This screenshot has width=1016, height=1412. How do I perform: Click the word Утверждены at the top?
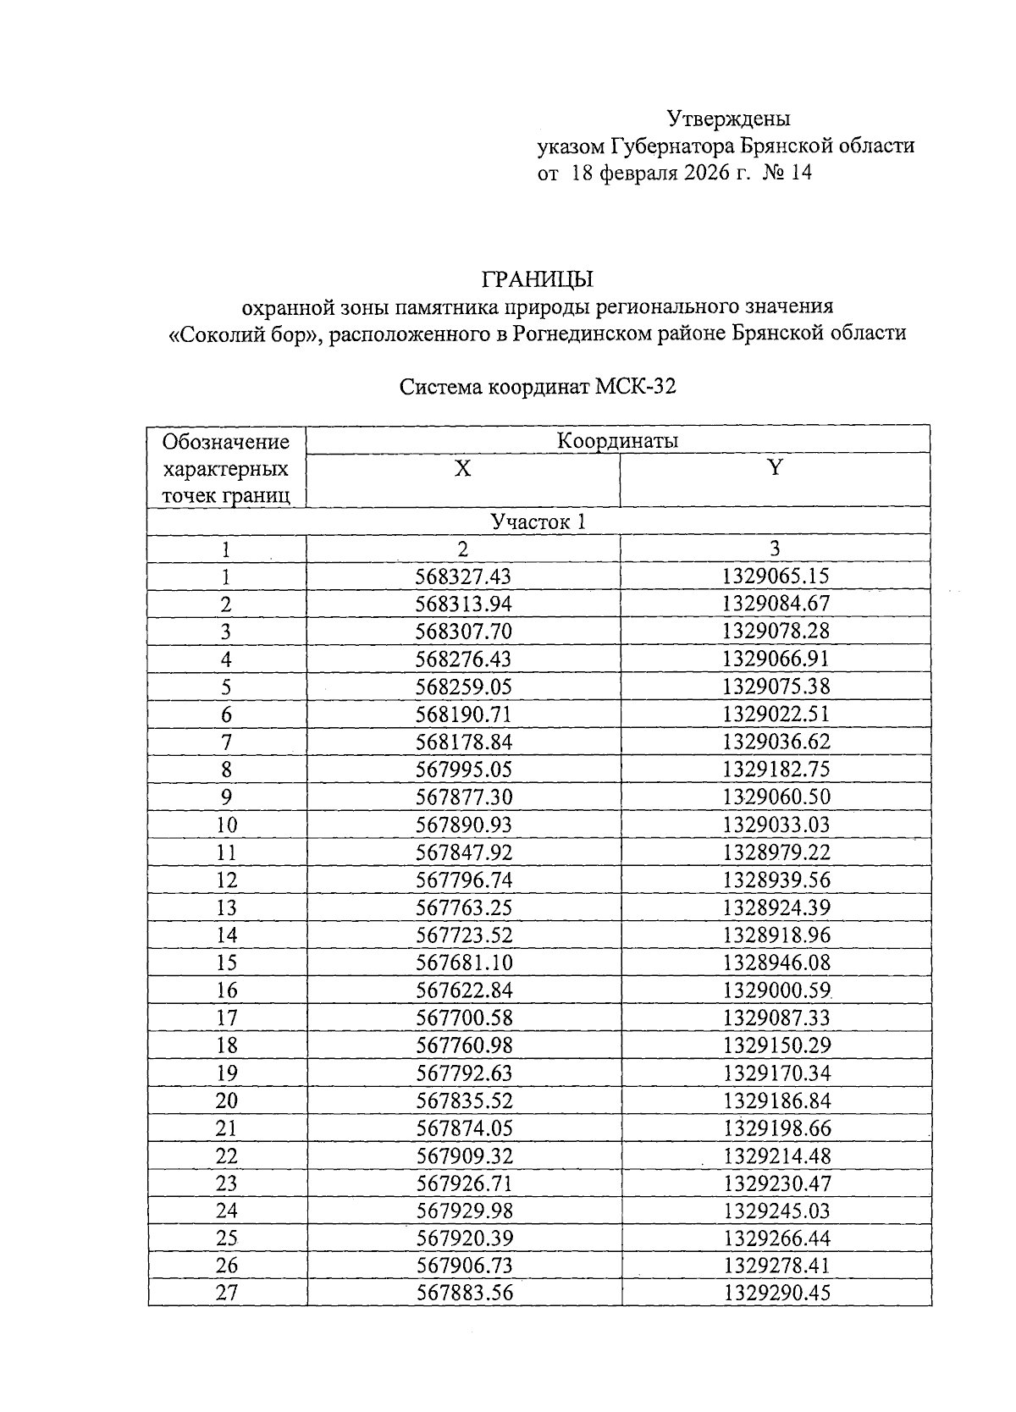[728, 118]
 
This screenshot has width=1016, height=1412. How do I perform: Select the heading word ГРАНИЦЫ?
[538, 279]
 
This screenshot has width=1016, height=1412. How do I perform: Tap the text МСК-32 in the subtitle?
[636, 388]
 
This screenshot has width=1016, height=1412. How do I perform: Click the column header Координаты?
[617, 440]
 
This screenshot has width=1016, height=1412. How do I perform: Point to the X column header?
[462, 469]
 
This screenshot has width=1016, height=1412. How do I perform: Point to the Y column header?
[774, 468]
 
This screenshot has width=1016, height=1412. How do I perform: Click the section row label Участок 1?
[538, 521]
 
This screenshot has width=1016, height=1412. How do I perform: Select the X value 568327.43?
[464, 576]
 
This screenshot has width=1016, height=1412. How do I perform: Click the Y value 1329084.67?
[776, 604]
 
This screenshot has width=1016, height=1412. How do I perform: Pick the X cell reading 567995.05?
[464, 769]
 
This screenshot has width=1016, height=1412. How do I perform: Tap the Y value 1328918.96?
[776, 935]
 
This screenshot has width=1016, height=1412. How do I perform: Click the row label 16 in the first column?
[226, 990]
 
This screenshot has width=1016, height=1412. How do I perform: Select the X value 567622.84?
[464, 990]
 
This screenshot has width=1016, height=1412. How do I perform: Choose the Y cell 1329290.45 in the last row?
[776, 1293]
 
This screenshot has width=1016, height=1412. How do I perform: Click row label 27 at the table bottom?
[226, 1293]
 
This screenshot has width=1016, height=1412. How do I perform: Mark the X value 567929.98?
[464, 1211]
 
